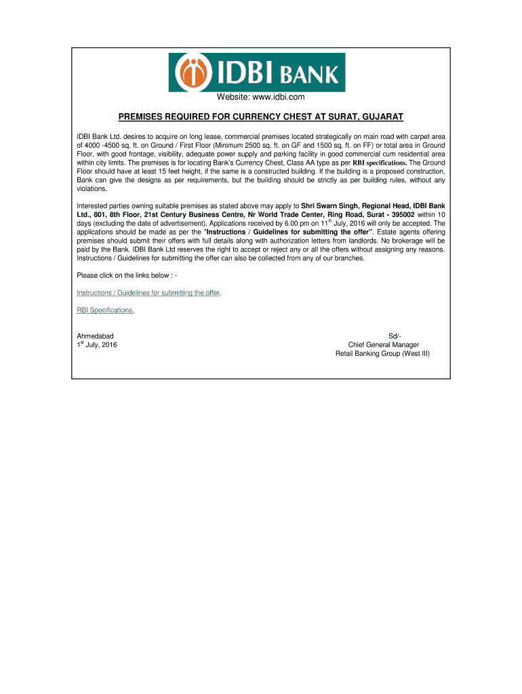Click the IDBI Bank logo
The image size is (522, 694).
(261, 72)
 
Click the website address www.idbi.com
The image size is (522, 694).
(261, 99)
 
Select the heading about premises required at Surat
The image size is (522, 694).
(261, 117)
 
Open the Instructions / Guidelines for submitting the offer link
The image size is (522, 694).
(148, 293)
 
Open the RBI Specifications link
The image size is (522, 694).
(105, 310)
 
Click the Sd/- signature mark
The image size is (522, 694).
(395, 337)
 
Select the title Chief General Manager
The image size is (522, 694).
(383, 345)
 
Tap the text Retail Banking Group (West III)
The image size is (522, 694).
(382, 354)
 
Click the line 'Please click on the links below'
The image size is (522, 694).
(127, 275)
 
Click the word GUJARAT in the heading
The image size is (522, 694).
(380, 117)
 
